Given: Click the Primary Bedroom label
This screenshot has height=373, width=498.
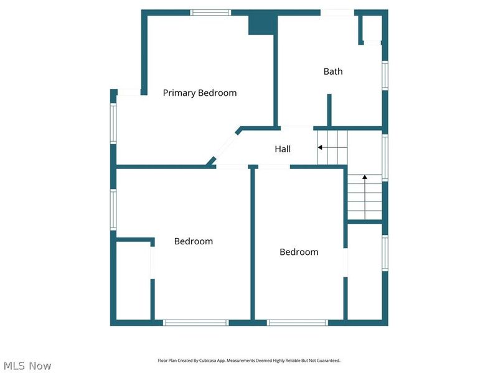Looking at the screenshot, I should click(x=200, y=93).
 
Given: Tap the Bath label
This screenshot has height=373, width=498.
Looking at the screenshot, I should click(x=333, y=71).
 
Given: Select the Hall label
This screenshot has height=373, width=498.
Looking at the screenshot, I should click(x=283, y=149).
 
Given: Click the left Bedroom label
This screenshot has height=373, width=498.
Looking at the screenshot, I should click(x=193, y=241).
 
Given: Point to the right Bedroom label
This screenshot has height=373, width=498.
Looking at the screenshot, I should click(x=299, y=252).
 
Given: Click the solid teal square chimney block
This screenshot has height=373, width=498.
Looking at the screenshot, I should click(x=261, y=24).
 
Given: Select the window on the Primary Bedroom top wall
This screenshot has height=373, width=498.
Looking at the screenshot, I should click(x=210, y=12).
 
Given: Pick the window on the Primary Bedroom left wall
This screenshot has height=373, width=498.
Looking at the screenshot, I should click(x=113, y=123).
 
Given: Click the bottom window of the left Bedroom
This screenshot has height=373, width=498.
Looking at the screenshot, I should click(x=195, y=322).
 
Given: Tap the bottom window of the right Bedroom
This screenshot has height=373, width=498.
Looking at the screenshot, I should click(x=298, y=322).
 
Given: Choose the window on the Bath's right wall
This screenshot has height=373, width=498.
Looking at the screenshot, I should click(x=385, y=75).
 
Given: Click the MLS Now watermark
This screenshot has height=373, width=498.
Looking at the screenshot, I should click(x=27, y=366).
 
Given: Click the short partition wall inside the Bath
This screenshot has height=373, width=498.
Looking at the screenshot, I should click(x=329, y=110).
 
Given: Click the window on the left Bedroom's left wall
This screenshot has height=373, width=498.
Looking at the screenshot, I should click(x=113, y=210).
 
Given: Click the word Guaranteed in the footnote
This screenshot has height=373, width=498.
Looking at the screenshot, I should click(x=327, y=361).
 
